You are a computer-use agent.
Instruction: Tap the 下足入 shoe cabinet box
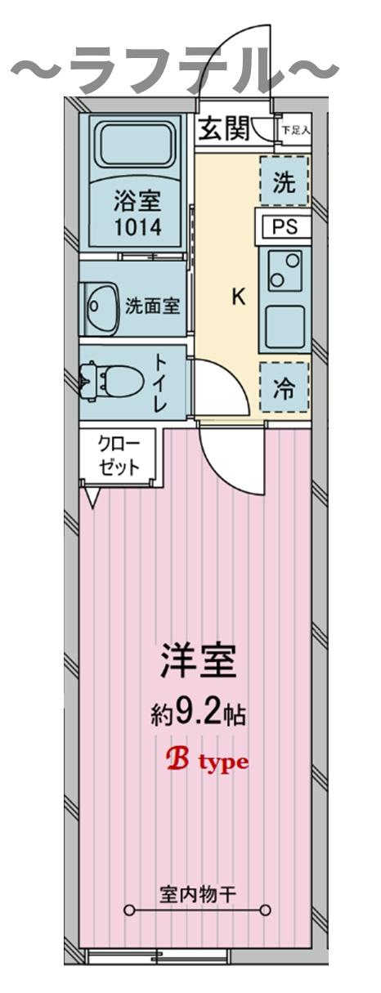pos(296,130)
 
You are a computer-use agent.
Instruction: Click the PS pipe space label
pos(285,227)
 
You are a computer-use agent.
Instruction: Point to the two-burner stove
pos(284,271)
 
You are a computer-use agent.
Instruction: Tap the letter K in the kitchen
pos(238,297)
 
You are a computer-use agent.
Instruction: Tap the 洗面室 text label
pos(152,306)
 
